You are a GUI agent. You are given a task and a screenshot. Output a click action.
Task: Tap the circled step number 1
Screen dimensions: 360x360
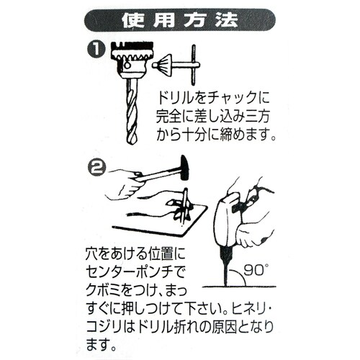point(96,51)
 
